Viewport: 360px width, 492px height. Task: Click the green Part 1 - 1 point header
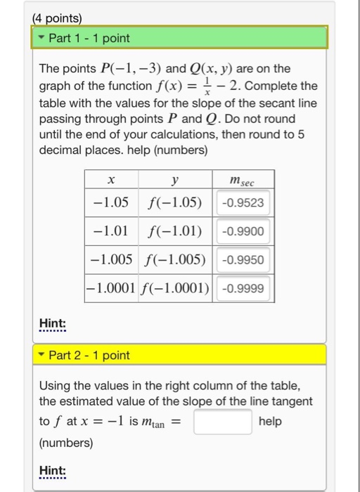click(x=179, y=37)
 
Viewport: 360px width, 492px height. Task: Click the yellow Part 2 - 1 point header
click(x=179, y=355)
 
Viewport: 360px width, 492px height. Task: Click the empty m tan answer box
click(x=223, y=422)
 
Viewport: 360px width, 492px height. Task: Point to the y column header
click(x=175, y=181)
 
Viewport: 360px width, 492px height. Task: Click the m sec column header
click(x=243, y=181)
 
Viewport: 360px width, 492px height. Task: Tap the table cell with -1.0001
click(x=112, y=288)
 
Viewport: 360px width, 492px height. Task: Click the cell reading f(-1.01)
click(x=175, y=232)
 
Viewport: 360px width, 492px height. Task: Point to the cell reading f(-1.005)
click(x=175, y=260)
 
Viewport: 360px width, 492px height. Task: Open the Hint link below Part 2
click(x=53, y=470)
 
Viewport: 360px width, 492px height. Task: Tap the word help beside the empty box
click(x=270, y=421)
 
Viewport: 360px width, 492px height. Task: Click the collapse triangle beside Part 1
click(x=42, y=37)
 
